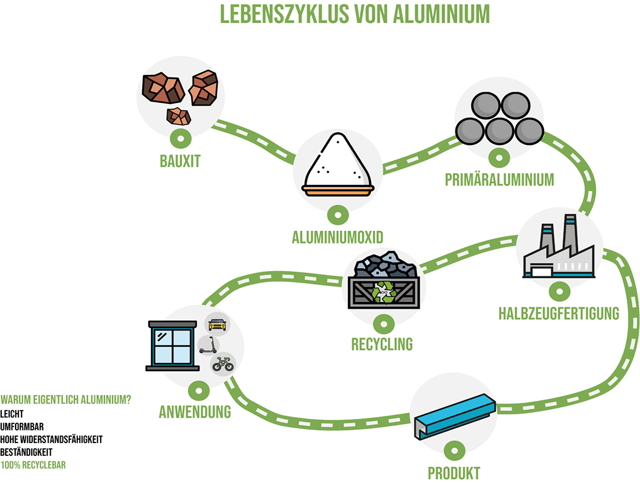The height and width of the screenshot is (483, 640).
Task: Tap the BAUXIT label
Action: click(180, 160)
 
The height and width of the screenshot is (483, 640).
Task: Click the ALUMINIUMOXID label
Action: click(338, 236)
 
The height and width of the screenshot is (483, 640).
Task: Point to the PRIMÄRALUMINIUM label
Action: click(500, 180)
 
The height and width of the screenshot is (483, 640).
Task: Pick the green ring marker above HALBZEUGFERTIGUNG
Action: click(558, 291)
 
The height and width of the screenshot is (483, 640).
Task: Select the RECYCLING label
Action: click(382, 344)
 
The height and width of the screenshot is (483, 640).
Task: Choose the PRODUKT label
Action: click(454, 473)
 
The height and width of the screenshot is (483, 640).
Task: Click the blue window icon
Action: click(173, 345)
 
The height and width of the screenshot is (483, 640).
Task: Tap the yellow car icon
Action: click(217, 324)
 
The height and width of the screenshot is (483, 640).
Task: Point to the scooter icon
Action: click(208, 345)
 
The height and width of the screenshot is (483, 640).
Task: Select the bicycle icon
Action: click(223, 364)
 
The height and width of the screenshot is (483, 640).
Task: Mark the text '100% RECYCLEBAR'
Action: click(33, 465)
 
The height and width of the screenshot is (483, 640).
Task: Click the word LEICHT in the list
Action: click(14, 414)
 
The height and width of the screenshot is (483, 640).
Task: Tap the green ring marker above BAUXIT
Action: click(180, 138)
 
